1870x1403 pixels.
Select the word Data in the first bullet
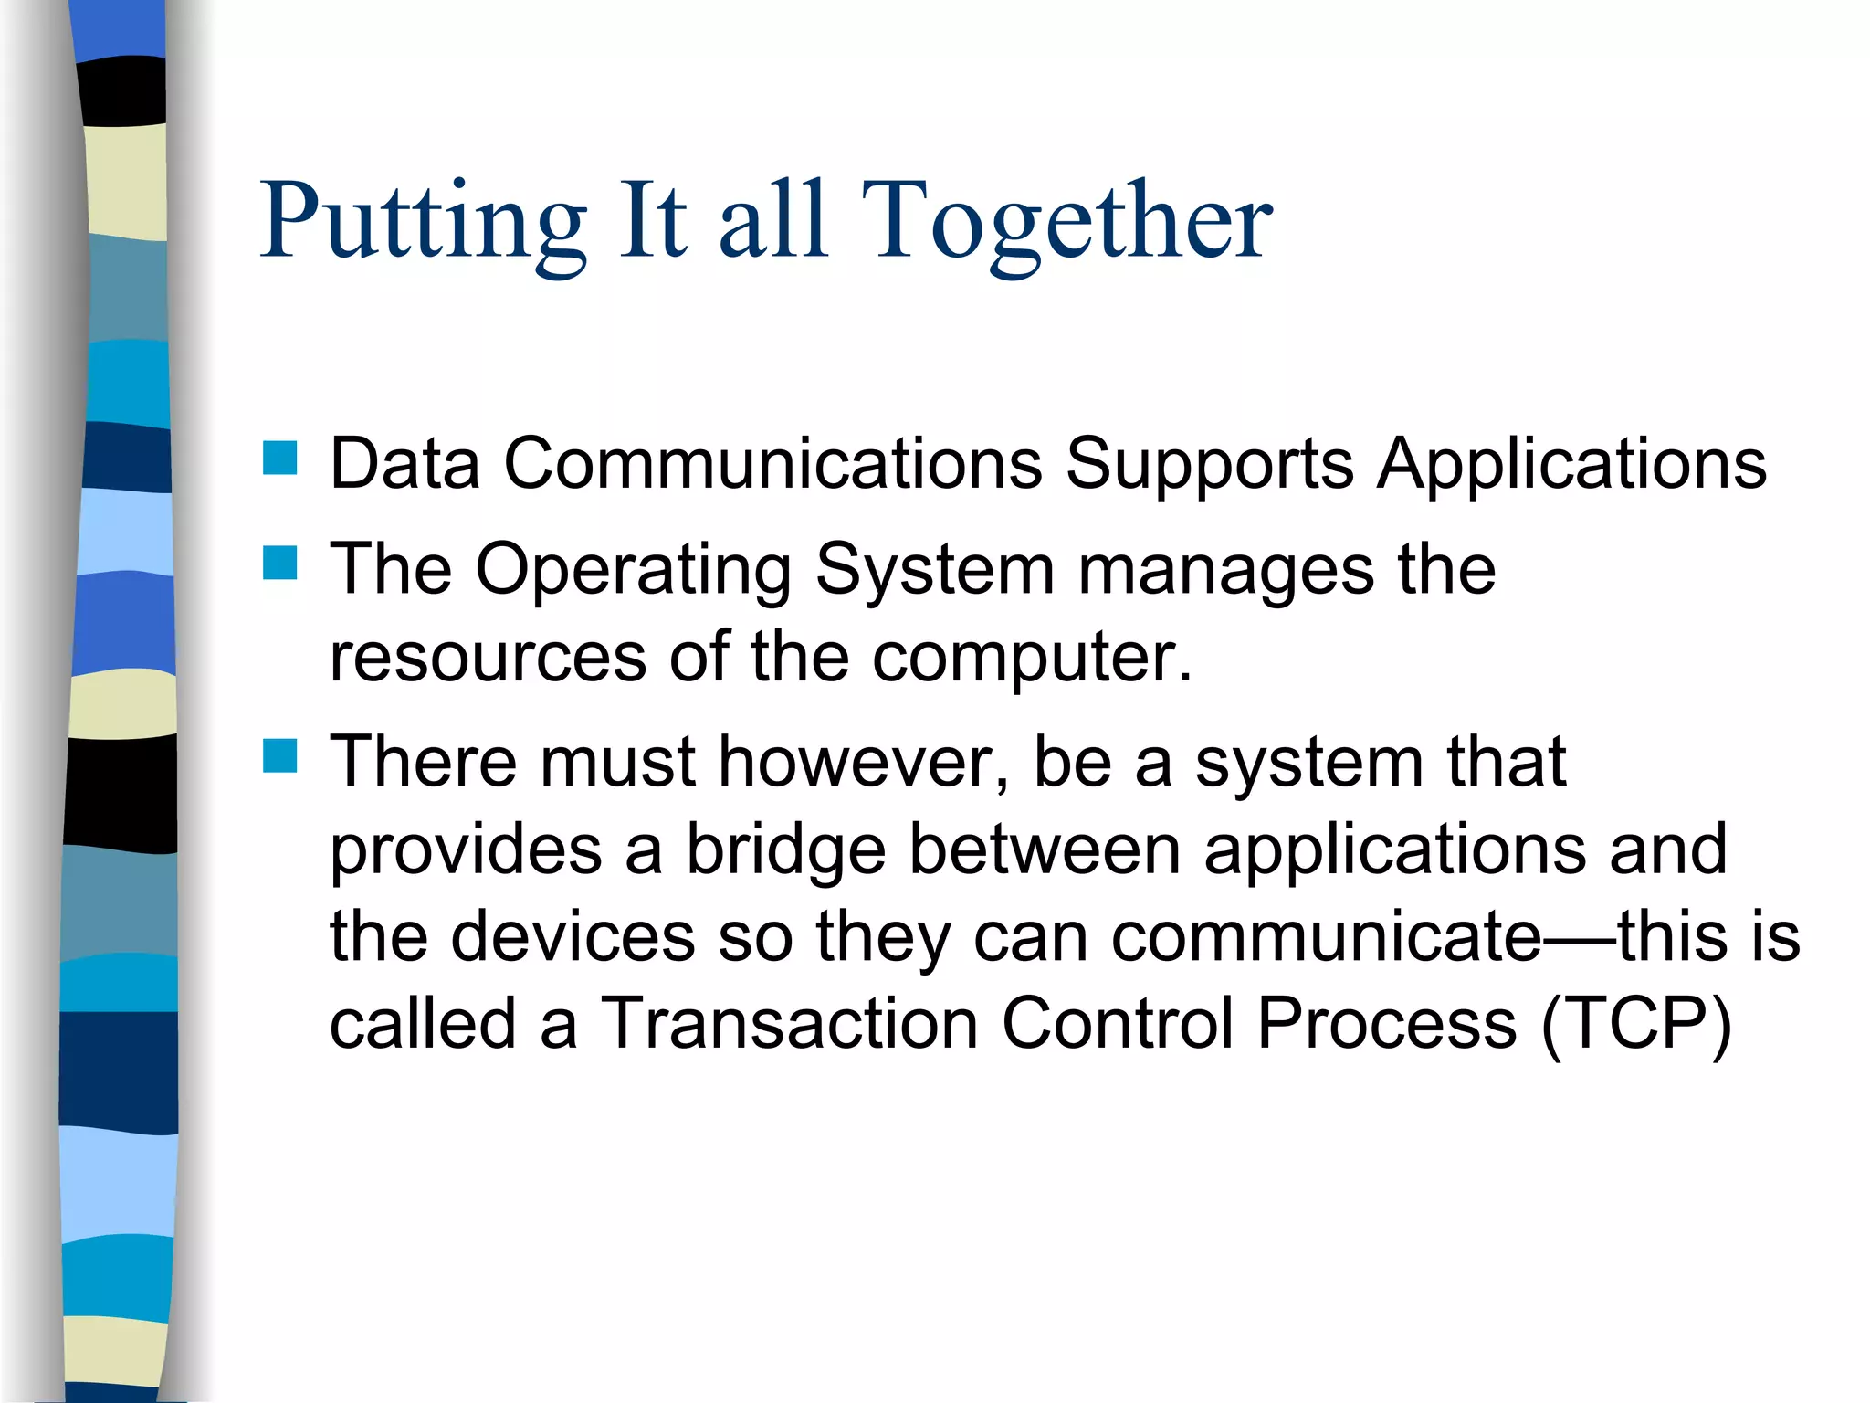[x=404, y=463]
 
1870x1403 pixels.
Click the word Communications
[x=772, y=463]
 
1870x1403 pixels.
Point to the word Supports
[x=1209, y=463]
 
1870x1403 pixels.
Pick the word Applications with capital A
[x=1571, y=463]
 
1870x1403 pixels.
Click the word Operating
[x=633, y=570]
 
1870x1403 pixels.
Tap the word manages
[x=1225, y=570]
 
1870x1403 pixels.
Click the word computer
[x=1032, y=657]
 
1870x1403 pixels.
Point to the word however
[x=864, y=762]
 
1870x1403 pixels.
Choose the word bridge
[x=786, y=849]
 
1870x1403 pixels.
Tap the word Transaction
[x=789, y=1023]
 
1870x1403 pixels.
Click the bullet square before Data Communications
[x=279, y=459]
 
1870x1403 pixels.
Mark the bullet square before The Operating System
[x=279, y=564]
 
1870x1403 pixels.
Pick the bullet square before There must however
[x=279, y=756]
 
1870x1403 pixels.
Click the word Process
[x=1387, y=1023]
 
